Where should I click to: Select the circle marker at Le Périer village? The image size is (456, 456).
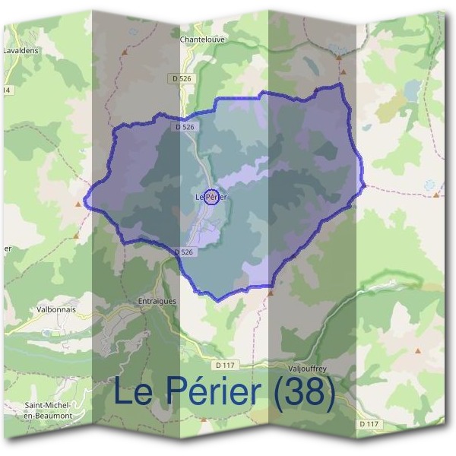tap(212, 197)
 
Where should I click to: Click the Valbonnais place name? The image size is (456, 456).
tap(54, 309)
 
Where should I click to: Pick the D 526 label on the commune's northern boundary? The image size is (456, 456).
tap(185, 128)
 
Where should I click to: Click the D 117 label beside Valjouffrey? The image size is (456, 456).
tap(226, 365)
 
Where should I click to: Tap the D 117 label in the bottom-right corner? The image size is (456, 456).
tap(369, 423)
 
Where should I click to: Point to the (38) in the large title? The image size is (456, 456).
tap(304, 392)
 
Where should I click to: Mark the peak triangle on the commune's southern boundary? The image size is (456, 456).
tap(269, 290)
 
